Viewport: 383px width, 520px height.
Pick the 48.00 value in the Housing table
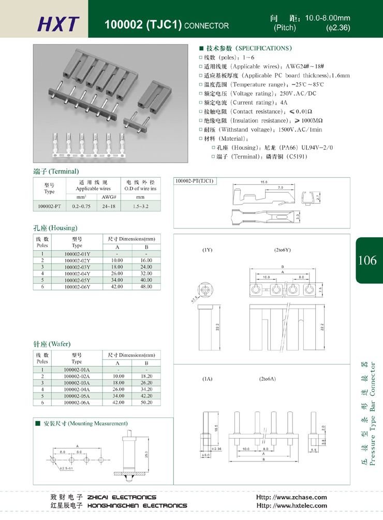[146, 286]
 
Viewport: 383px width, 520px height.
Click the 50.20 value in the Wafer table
[146, 402]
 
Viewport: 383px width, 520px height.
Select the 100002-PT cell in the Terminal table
[49, 206]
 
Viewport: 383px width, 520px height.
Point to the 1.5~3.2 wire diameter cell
[140, 206]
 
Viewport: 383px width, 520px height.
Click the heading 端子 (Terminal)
[55, 171]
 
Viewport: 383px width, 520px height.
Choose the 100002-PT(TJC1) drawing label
[195, 181]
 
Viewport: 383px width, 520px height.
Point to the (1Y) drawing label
[207, 250]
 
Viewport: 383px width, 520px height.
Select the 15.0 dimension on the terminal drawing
[263, 182]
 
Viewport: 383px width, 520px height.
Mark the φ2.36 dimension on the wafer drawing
[216, 449]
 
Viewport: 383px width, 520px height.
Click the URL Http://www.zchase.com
[291, 497]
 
